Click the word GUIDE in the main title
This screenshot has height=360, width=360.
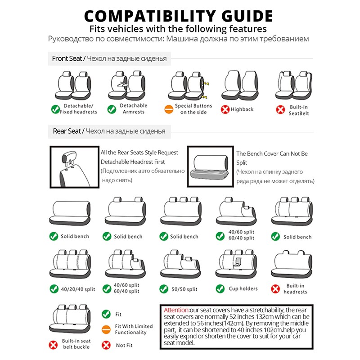(x=247, y=16)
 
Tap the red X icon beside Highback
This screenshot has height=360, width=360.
(x=225, y=109)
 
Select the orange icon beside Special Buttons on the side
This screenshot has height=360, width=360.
(x=169, y=109)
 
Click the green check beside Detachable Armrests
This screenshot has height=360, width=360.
(x=112, y=109)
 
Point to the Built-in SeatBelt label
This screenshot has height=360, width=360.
(x=298, y=110)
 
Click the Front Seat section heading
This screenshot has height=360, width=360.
(x=67, y=58)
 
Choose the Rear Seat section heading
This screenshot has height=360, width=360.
(x=67, y=131)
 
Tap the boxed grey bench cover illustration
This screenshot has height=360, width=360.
(x=210, y=167)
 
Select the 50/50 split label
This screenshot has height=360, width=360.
(x=184, y=289)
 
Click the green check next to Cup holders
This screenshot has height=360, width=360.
(x=220, y=289)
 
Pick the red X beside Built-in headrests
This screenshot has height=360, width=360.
(x=275, y=289)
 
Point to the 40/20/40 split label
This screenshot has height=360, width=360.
(x=78, y=289)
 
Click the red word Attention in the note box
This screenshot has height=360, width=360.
(x=176, y=310)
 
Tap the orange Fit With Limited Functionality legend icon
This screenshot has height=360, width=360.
(x=106, y=329)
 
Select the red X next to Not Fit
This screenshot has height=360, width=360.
(x=106, y=345)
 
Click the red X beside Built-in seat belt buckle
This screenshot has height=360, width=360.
(x=53, y=345)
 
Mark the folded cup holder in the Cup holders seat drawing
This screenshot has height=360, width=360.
(x=238, y=262)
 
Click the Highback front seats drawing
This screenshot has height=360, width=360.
(x=240, y=85)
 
